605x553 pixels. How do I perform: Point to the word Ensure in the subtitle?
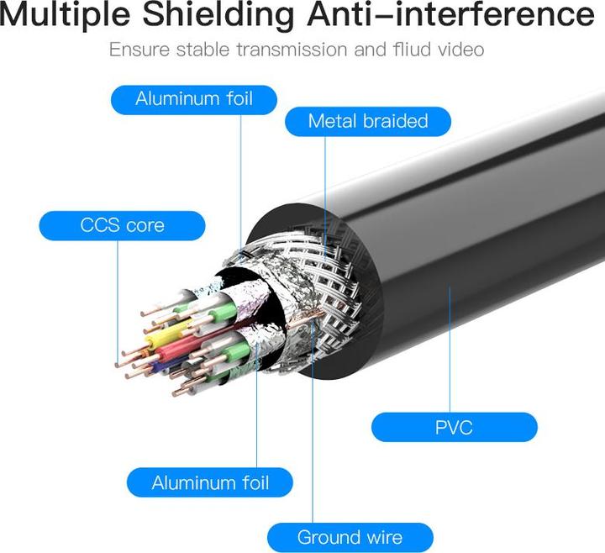coord(138,50)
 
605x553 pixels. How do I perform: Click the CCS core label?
coord(122,225)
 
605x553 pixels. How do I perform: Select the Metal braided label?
coord(368,121)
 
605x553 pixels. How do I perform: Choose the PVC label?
coord(454,427)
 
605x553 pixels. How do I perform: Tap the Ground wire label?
coord(350,537)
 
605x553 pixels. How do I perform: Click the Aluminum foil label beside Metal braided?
coord(193,99)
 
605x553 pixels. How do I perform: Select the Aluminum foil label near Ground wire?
coord(210,482)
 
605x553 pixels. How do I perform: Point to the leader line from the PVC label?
coord(450,353)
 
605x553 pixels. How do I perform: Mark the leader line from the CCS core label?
coord(116,294)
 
